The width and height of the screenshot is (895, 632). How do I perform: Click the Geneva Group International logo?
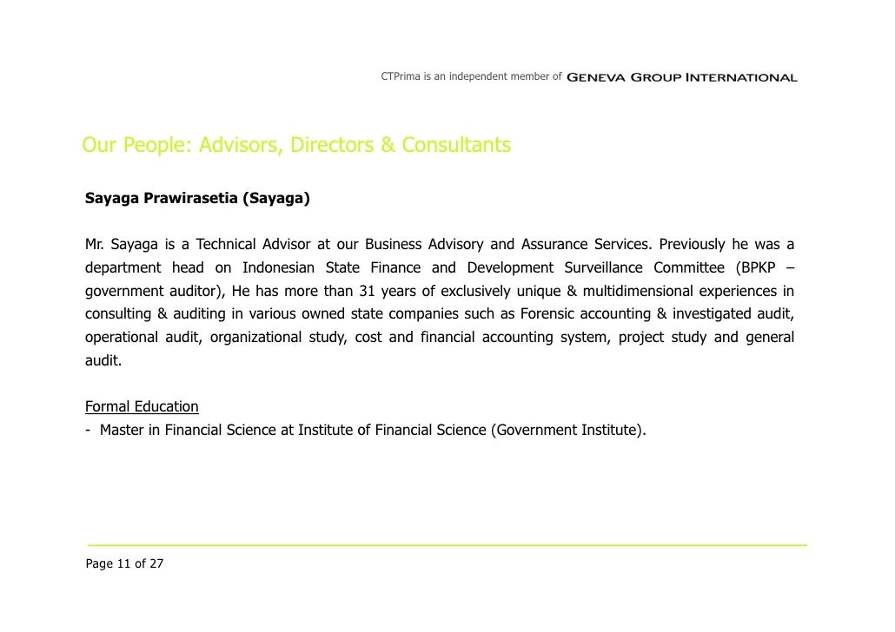tap(681, 78)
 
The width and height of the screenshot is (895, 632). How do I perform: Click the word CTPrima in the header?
tap(401, 77)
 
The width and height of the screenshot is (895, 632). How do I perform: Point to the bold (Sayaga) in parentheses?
tap(276, 199)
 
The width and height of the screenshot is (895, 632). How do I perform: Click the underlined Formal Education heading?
tap(142, 406)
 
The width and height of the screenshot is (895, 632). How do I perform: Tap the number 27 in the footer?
tap(156, 564)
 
